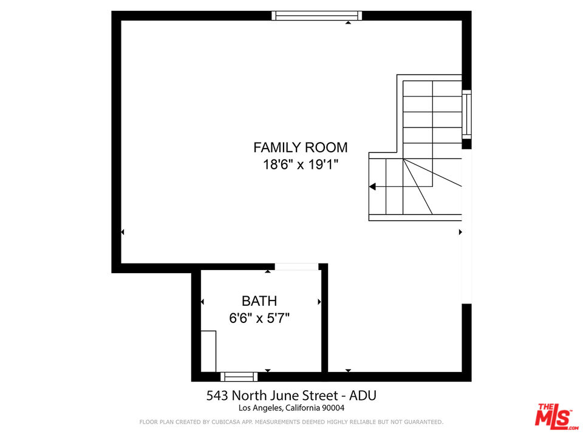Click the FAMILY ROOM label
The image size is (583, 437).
tap(301, 147)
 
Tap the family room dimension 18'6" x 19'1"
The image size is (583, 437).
tap(301, 164)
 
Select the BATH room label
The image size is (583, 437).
tap(259, 301)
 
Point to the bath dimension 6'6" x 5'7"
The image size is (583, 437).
tap(259, 317)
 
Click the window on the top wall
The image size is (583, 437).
tap(316, 16)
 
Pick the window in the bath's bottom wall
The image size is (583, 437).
tap(239, 376)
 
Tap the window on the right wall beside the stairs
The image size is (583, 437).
tap(466, 114)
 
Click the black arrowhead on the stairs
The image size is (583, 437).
tap(372, 187)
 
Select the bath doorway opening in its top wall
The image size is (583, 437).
tap(296, 266)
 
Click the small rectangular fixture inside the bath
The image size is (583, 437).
tap(208, 351)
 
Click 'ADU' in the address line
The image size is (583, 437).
tap(363, 396)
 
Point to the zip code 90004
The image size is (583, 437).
tap(333, 408)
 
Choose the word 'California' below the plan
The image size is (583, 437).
tap(302, 408)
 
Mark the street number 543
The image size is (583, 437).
tap(218, 396)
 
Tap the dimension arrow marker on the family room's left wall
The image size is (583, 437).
tap(123, 232)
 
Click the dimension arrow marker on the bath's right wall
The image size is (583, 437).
tap(319, 301)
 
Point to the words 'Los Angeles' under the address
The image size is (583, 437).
tap(258, 408)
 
